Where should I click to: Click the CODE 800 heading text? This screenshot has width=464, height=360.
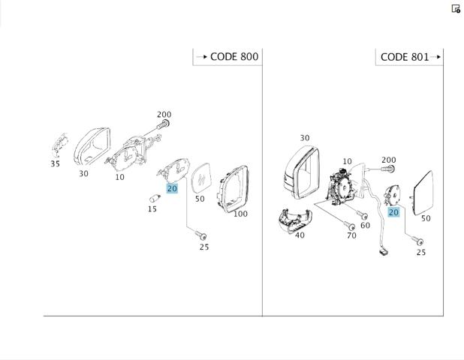point(234,56)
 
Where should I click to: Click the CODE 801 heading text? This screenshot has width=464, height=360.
point(405,57)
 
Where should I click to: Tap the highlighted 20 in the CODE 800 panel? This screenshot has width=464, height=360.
point(172,188)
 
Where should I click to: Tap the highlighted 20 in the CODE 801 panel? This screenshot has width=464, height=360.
point(393,212)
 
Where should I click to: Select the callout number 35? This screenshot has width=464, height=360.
point(56,163)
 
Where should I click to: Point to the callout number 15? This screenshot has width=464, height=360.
point(152,209)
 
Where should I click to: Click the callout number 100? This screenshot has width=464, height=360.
point(240,214)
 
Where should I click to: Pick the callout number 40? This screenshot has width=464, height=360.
point(300,235)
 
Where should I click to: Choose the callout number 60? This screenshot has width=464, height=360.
point(365,226)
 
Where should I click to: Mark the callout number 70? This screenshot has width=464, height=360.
point(351,235)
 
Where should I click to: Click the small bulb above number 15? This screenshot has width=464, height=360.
point(155,197)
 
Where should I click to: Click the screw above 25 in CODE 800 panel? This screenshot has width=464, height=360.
point(201,235)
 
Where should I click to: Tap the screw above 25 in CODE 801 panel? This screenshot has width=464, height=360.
point(417,241)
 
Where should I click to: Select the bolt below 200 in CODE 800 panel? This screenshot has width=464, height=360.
point(163,124)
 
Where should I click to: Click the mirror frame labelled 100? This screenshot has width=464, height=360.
point(233,189)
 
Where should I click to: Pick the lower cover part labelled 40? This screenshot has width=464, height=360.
point(295,220)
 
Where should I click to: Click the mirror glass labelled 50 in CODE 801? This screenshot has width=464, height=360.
point(423,193)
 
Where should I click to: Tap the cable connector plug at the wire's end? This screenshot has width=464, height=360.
point(383,252)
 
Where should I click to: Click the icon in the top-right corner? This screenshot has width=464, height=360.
point(456,8)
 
